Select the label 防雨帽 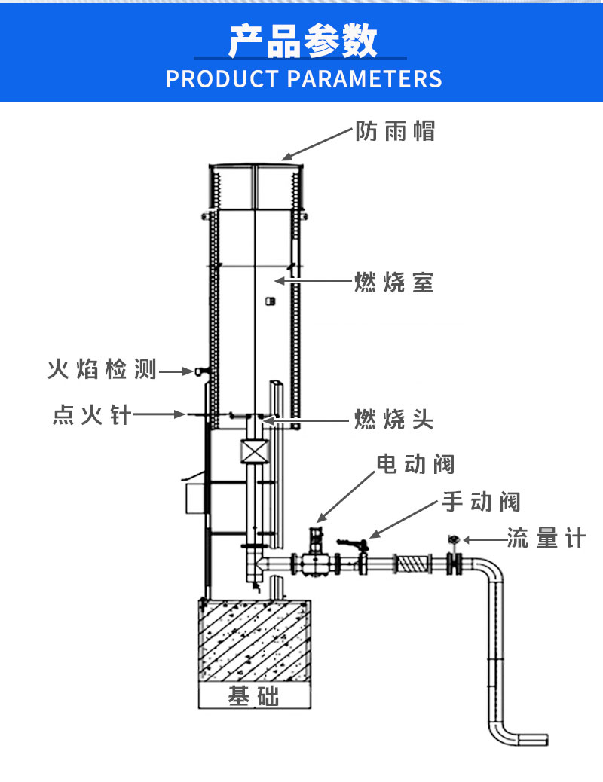[x=396, y=132]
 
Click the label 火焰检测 [x=103, y=370]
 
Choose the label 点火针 [x=92, y=414]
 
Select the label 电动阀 [x=416, y=464]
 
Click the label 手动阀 [x=481, y=501]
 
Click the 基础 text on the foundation [x=253, y=697]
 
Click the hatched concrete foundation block [x=253, y=640]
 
